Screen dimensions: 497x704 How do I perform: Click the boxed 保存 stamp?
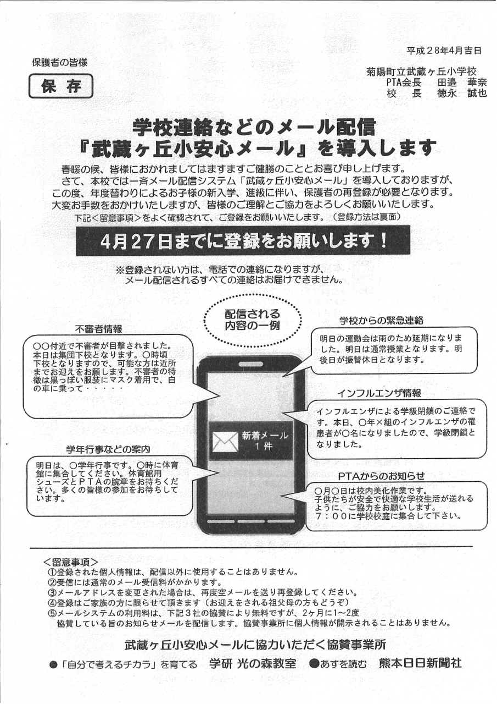(x=61, y=86)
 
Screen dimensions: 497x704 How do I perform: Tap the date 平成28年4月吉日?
(x=444, y=51)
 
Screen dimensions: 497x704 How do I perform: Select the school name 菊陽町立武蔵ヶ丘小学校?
(x=421, y=71)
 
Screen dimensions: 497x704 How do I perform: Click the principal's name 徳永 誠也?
(x=461, y=94)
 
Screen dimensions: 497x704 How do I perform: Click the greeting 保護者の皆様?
(x=59, y=63)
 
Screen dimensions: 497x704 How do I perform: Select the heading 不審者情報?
(x=98, y=329)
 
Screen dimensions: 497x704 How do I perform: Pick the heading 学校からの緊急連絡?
(x=381, y=321)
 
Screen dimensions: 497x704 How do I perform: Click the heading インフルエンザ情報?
(x=379, y=393)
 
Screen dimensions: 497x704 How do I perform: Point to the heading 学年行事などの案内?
(x=108, y=449)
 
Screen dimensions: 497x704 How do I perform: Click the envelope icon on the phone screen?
(x=225, y=441)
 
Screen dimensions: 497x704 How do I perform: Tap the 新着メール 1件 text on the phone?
(x=265, y=441)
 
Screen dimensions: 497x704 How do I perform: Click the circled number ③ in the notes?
(x=52, y=593)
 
